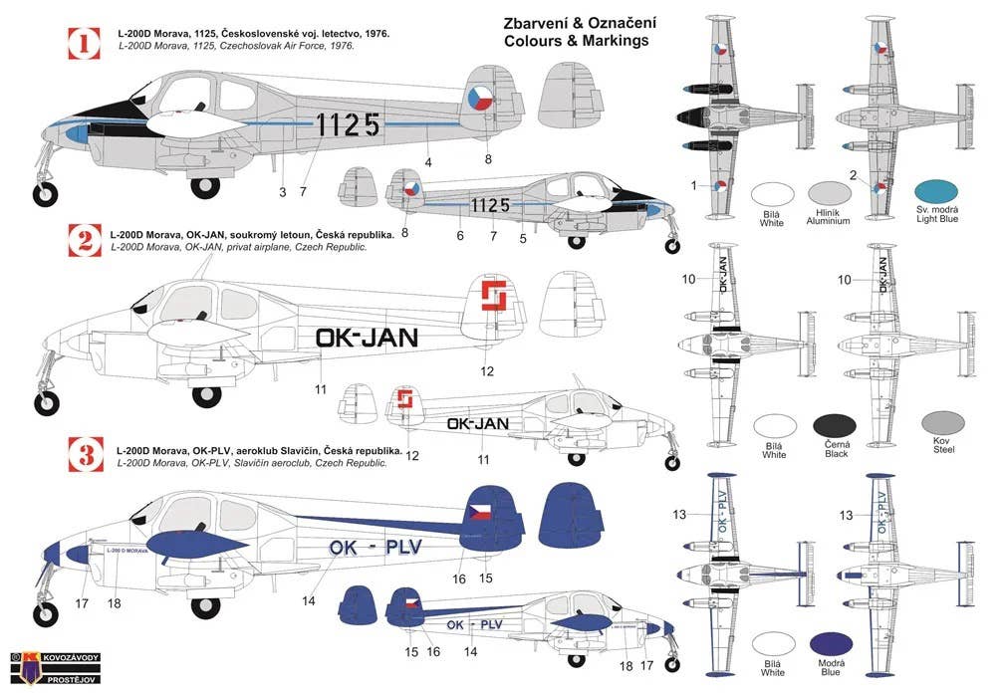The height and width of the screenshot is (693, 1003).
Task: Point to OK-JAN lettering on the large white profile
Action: click(367, 338)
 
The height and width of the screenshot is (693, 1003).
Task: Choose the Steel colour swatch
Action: click(940, 424)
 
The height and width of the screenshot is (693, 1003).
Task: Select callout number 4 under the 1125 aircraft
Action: click(427, 161)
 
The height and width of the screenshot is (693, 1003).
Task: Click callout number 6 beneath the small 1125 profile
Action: click(460, 236)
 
